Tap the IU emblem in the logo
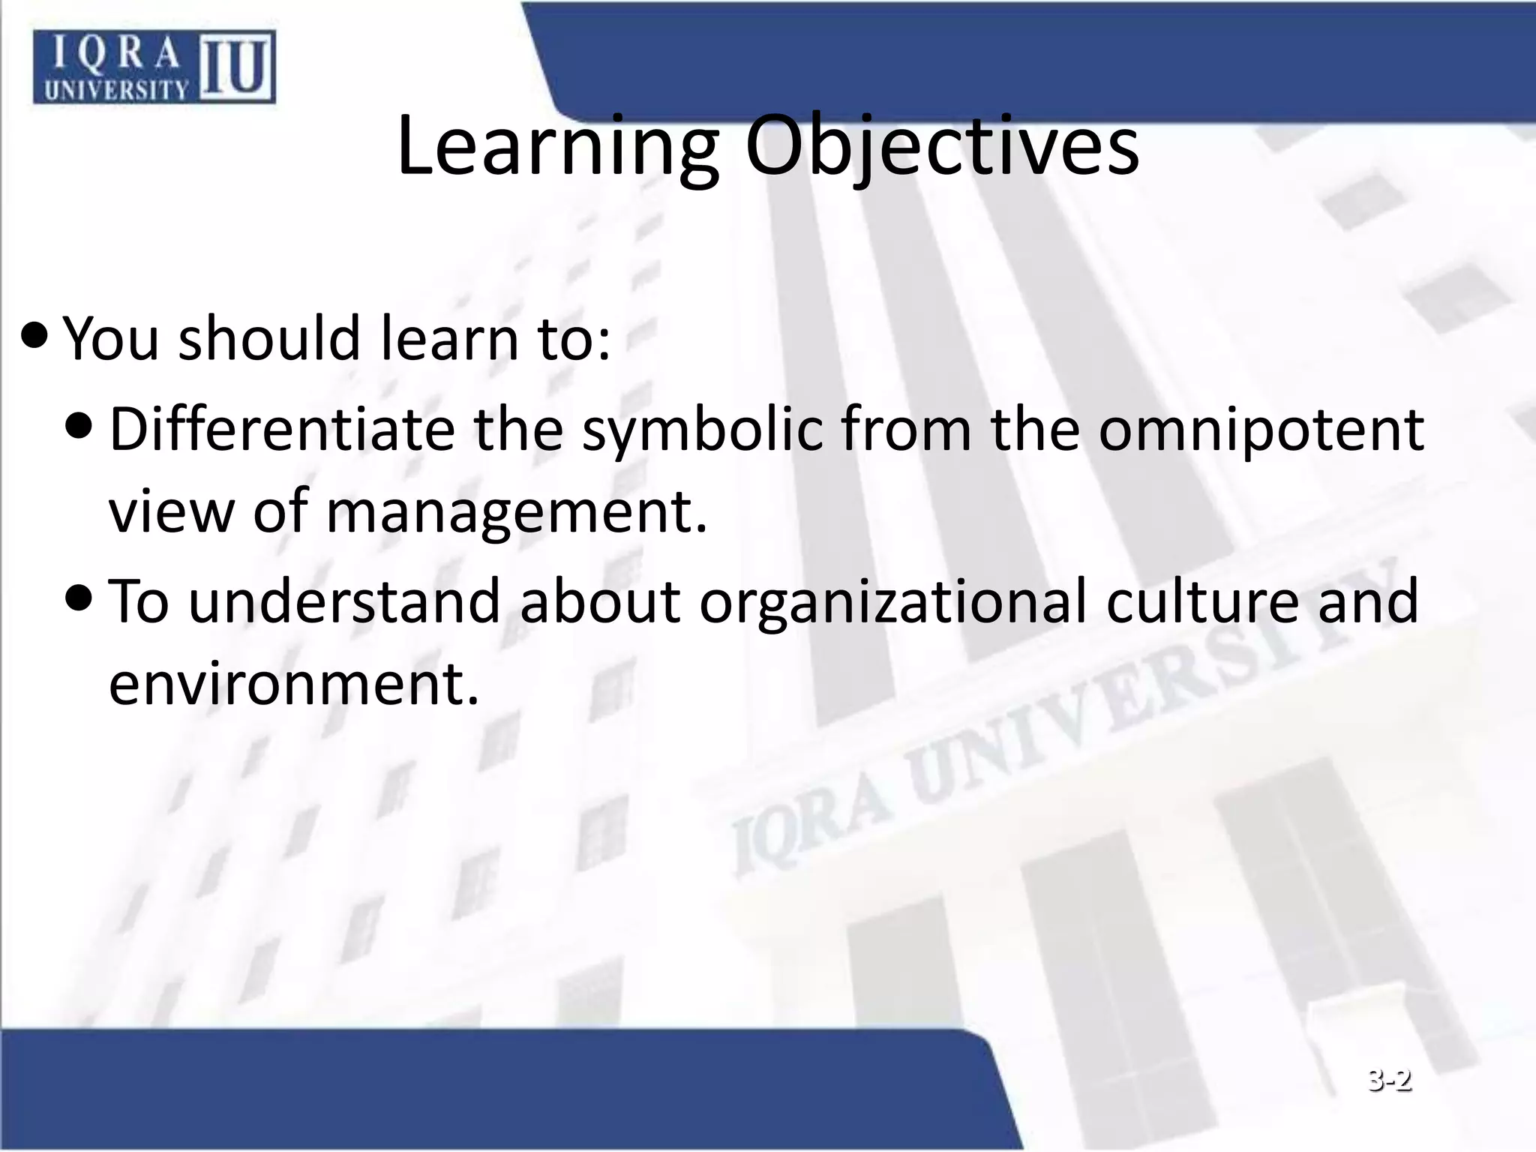(x=235, y=67)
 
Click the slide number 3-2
(x=1389, y=1081)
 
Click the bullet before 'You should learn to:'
(x=34, y=334)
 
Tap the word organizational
(x=893, y=602)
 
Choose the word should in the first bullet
(x=269, y=338)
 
